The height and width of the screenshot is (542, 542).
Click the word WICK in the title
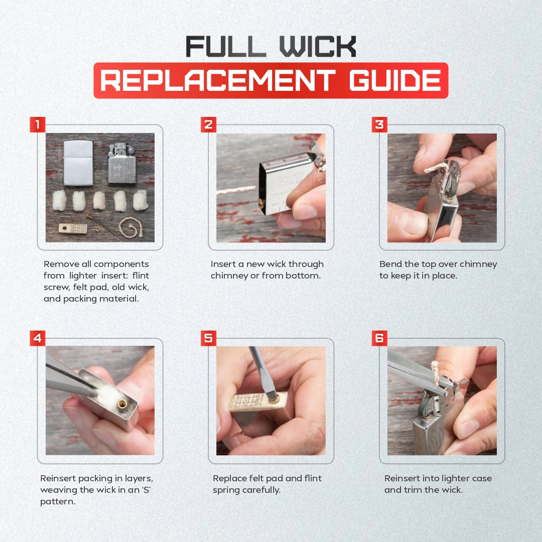tap(318, 46)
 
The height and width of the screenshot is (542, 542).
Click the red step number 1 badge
tap(37, 124)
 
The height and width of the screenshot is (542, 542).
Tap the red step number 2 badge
tap(208, 124)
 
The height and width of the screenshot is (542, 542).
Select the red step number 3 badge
tap(379, 124)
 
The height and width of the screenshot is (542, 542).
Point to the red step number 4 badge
tap(37, 338)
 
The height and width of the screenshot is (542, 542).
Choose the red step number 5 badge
tap(208, 338)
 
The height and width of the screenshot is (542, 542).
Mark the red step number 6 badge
tap(379, 338)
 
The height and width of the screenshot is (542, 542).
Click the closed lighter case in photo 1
tap(78, 163)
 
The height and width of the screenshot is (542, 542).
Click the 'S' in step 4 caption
tap(146, 490)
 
